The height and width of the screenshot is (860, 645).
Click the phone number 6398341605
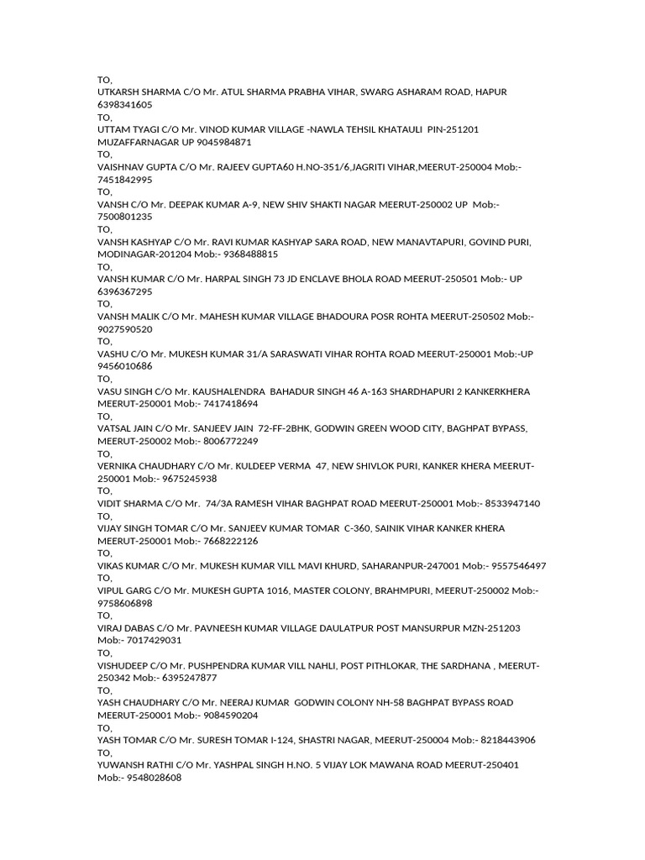point(125,105)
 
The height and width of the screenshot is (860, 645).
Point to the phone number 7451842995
point(125,180)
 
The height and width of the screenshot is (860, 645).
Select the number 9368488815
point(250,254)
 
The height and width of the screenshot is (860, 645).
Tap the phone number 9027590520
point(125,329)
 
